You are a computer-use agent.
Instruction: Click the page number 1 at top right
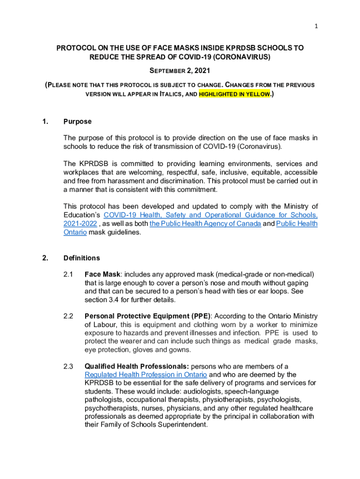tap(316, 26)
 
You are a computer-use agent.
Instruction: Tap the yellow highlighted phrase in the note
tap(235, 94)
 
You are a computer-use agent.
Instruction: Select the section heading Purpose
tap(77, 122)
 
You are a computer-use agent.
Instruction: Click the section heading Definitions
tap(81, 258)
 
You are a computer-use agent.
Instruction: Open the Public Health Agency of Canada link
tap(205, 224)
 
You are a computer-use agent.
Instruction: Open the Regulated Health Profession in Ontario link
tap(145, 375)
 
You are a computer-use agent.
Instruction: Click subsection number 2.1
tap(68, 274)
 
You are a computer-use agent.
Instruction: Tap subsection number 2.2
tap(68, 316)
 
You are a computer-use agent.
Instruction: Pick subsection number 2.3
tap(68, 366)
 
